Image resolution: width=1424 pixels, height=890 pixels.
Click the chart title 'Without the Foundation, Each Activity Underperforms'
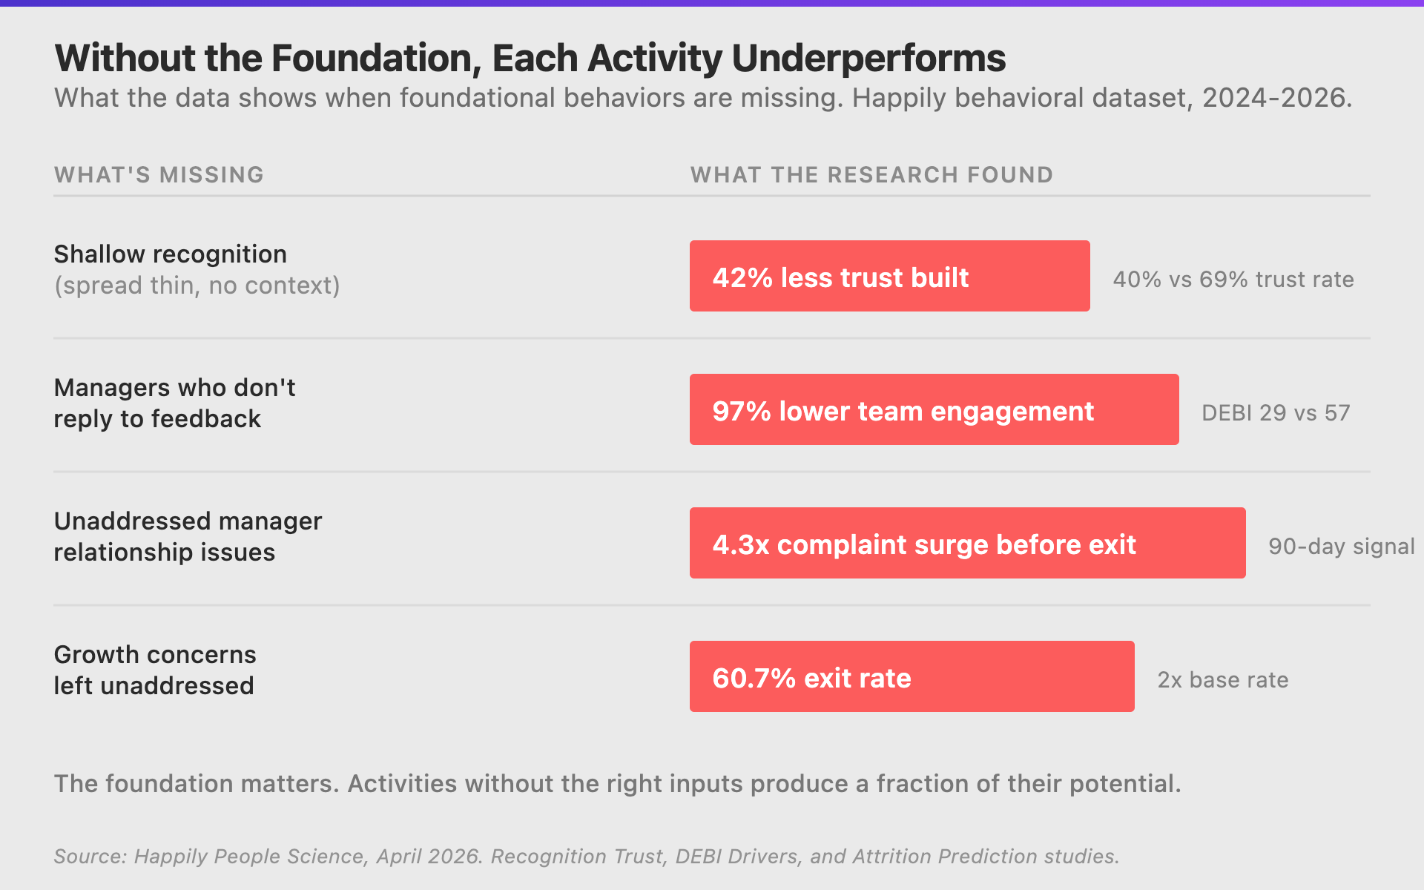(530, 59)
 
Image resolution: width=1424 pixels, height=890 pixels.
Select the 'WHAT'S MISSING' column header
(159, 175)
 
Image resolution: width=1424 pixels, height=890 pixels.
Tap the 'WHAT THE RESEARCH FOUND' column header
(871, 175)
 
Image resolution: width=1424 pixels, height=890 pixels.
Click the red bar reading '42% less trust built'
(889, 276)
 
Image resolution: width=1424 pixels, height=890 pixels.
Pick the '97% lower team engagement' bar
(934, 409)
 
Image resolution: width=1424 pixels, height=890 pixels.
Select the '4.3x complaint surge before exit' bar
(967, 543)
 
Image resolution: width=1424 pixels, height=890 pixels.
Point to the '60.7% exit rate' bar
(912, 676)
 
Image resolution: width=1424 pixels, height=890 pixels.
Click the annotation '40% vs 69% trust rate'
(1233, 280)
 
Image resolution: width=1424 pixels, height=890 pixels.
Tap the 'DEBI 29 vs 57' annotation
(1276, 413)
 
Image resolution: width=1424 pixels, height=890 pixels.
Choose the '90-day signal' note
(1341, 547)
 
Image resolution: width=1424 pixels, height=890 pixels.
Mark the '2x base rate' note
(1223, 680)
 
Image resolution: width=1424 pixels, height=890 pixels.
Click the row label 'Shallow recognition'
(170, 254)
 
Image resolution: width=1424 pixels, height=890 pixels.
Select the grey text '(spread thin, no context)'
(197, 286)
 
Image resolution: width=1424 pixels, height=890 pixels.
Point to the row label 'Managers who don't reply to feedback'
(174, 403)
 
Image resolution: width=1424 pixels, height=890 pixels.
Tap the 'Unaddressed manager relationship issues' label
(188, 536)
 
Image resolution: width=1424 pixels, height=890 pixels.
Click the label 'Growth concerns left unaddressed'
(154, 670)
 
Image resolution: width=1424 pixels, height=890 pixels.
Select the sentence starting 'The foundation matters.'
(617, 784)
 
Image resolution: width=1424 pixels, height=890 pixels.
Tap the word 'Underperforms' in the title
(868, 59)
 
